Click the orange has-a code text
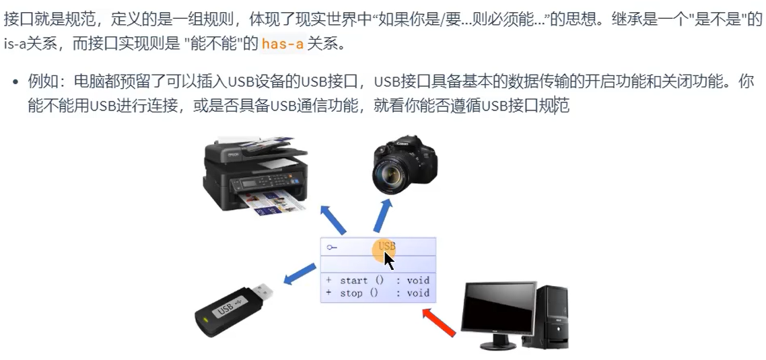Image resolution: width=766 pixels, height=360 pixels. pyautogui.click(x=283, y=44)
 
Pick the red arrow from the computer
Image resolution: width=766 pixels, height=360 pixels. pyautogui.click(x=439, y=322)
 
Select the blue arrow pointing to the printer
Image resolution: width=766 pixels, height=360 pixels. pyautogui.click(x=333, y=220)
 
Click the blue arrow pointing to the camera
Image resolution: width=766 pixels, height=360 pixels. pyautogui.click(x=383, y=215)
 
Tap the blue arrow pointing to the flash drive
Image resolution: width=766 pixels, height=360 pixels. pyautogui.click(x=300, y=274)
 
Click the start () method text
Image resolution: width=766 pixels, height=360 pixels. pyautogui.click(x=361, y=281)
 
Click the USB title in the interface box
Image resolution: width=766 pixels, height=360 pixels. pyautogui.click(x=387, y=246)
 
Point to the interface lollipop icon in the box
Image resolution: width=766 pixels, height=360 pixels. pyautogui.click(x=333, y=248)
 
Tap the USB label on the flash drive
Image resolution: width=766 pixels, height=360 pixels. pyautogui.click(x=226, y=310)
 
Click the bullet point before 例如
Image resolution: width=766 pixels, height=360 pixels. pyautogui.click(x=15, y=81)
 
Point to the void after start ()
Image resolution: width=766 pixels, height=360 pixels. pyautogui.click(x=418, y=281)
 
